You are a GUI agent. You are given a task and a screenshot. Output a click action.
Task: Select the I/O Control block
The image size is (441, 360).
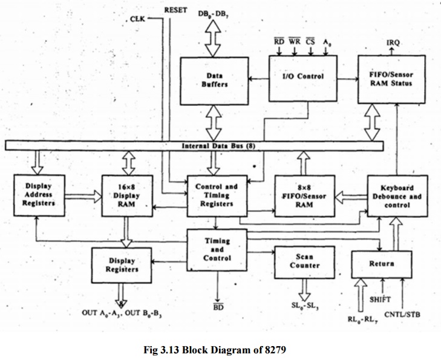(x=303, y=77)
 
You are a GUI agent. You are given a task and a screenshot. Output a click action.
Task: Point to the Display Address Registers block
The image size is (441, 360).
(x=39, y=195)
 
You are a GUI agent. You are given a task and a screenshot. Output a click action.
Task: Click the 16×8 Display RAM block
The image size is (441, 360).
(x=126, y=195)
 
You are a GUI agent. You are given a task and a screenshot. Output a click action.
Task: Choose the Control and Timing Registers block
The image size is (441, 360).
(x=217, y=195)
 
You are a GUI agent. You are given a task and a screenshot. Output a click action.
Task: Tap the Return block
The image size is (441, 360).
(x=381, y=264)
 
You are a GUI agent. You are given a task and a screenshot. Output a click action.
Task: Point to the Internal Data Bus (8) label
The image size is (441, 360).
(x=218, y=146)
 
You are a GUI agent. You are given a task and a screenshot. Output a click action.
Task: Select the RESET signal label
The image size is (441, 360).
(x=176, y=10)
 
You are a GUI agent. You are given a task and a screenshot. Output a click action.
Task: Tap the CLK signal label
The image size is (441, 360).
(x=137, y=19)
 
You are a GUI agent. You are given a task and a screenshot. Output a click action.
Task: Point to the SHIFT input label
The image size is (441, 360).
(x=381, y=299)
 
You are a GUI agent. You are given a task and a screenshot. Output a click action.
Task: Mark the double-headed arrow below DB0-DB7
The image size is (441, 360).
(x=214, y=41)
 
